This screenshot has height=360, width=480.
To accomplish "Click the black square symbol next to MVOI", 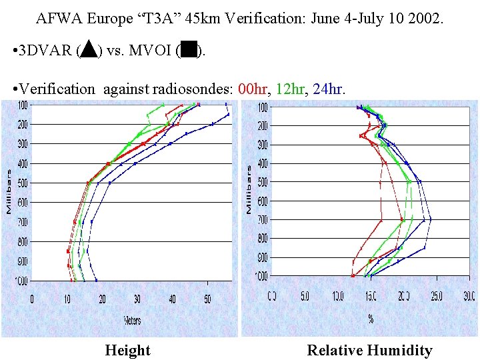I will (x=189, y=50).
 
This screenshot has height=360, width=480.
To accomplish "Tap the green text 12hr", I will (x=293, y=89).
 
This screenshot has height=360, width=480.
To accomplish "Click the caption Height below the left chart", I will (x=128, y=350).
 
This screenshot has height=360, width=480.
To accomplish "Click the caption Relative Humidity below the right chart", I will (x=369, y=350).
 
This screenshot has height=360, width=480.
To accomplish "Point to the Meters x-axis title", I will (x=132, y=321).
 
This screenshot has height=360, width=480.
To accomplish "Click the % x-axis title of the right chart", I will (x=371, y=319).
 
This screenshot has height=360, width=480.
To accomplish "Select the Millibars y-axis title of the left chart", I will (x=9, y=191).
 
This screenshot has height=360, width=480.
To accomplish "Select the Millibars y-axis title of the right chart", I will (x=249, y=190).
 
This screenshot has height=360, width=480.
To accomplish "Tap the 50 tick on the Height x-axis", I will (x=207, y=299).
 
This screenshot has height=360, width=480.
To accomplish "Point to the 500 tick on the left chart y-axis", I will (x=23, y=183).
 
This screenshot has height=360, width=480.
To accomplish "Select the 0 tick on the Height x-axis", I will (x=32, y=299).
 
